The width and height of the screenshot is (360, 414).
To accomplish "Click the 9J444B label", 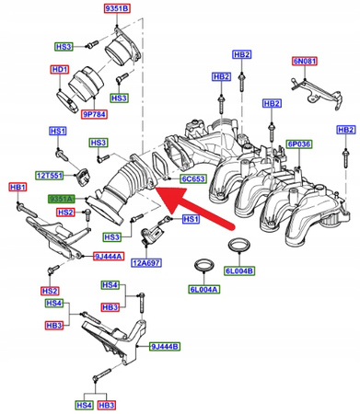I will tap(166, 347).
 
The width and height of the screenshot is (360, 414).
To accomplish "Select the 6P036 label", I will tap(300, 144).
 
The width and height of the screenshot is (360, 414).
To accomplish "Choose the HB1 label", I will tap(17, 187).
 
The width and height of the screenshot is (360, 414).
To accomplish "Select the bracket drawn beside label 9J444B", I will tap(120, 342).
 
